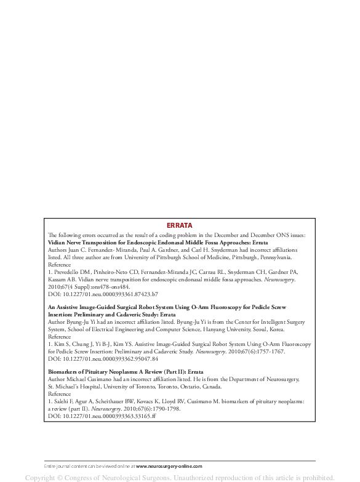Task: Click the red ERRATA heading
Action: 180,226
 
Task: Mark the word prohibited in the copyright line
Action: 323,476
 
